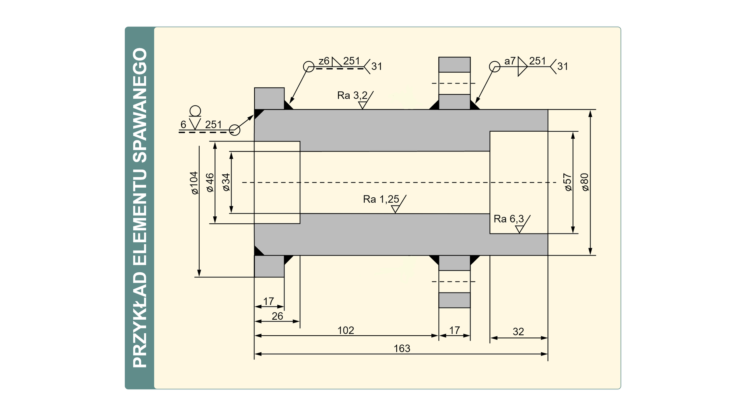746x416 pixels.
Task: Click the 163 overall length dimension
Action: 402,348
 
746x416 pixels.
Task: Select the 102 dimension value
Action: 345,331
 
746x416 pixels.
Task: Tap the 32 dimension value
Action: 518,332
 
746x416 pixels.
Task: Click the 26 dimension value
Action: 277,316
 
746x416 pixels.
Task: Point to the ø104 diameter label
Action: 194,183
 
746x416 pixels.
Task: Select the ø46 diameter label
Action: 210,183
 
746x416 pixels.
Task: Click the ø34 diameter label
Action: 226,183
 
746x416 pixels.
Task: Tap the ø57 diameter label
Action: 568,183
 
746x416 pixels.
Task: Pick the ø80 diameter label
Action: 585,183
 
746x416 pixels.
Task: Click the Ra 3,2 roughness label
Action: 352,96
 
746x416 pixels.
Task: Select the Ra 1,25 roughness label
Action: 381,199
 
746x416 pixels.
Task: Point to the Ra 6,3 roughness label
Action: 509,219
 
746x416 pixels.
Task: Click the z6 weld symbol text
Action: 324,61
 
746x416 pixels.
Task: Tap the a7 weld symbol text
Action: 510,61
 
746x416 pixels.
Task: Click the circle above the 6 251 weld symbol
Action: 195,111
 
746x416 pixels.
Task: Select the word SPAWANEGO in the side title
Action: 140,105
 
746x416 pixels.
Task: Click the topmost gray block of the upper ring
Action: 454,64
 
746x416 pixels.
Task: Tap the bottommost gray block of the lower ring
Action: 454,300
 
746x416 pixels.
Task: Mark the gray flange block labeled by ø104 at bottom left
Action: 269,266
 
